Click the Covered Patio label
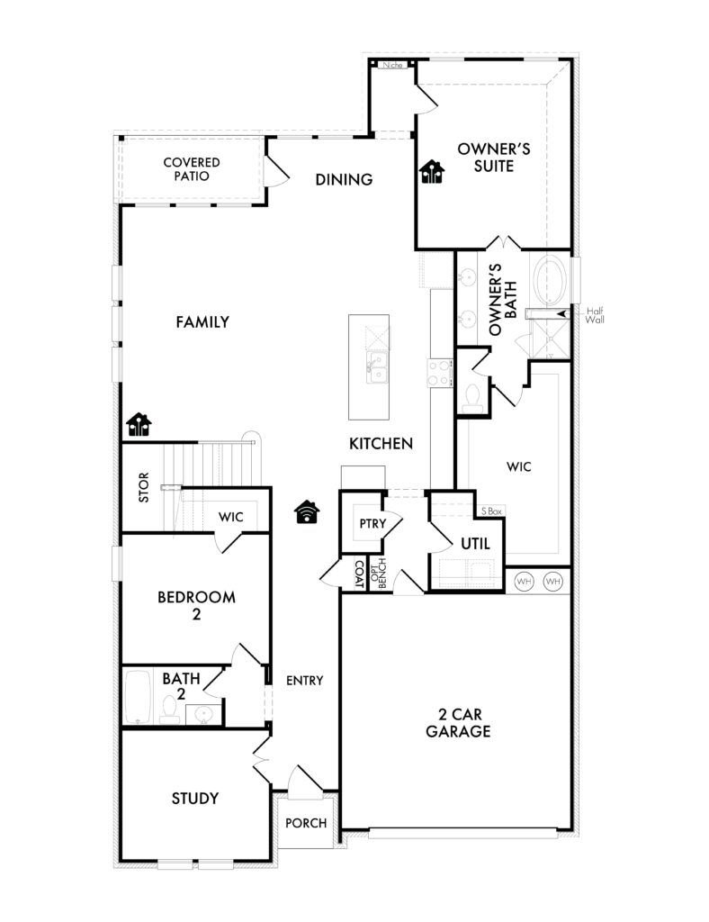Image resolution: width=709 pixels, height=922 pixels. tap(192, 168)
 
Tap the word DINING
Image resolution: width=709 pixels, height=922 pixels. tap(345, 179)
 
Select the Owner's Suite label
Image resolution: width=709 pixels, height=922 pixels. tap(494, 157)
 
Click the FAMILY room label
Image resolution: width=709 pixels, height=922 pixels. tap(202, 321)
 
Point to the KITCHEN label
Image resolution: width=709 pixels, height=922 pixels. tap(381, 443)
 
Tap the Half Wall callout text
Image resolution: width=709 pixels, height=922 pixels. tap(595, 315)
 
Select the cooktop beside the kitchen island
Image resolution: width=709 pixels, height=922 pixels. tap(439, 373)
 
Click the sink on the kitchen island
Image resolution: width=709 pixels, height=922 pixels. tap(377, 367)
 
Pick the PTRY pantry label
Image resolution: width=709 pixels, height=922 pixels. tap(373, 523)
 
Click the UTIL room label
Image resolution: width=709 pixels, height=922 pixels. tap(475, 544)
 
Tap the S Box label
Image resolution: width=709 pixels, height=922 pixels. tap(491, 511)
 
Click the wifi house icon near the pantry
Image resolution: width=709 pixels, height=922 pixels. tap(307, 511)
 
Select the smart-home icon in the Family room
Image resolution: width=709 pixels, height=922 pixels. tap(139, 424)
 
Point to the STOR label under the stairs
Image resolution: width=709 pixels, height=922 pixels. tap(144, 487)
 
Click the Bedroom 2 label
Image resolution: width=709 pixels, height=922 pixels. tap(196, 606)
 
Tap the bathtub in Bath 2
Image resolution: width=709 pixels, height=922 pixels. tap(138, 698)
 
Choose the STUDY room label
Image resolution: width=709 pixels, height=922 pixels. tap(195, 798)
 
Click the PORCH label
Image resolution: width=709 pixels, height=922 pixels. tap(306, 823)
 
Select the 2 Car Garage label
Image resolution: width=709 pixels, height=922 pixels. tap(458, 723)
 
